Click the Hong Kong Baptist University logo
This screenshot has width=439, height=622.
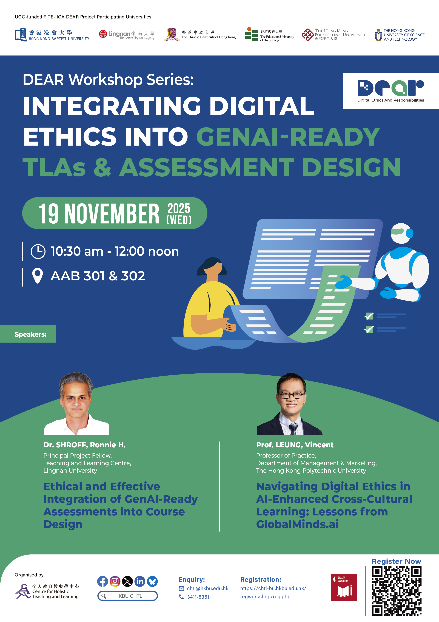click(52, 35)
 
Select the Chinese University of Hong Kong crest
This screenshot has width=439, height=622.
click(172, 35)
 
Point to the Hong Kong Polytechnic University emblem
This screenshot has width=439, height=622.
click(307, 35)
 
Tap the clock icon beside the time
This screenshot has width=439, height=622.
click(38, 251)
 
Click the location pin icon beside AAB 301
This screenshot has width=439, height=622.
click(37, 276)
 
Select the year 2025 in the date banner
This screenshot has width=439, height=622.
click(179, 209)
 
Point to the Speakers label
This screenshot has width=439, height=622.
click(31, 334)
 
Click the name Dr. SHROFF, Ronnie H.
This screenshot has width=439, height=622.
click(84, 445)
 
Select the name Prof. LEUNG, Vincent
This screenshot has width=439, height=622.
click(295, 445)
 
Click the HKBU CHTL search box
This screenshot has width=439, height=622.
click(127, 596)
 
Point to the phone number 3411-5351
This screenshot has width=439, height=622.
click(198, 597)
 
